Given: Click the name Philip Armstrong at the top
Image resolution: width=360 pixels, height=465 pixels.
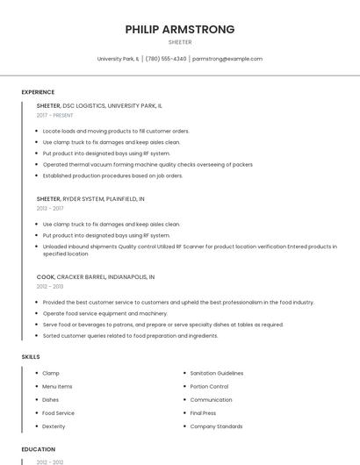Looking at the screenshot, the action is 180,29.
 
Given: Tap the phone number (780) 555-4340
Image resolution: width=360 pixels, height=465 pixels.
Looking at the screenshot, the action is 166,59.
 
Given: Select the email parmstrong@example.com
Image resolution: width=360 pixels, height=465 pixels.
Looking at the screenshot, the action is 227,59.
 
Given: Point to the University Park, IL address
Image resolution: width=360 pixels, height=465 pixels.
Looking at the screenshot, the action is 119,59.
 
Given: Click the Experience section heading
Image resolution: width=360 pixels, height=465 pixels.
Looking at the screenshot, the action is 38,92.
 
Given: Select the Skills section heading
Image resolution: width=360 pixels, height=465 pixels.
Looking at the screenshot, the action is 31,357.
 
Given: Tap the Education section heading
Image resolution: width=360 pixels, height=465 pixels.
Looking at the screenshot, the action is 38,449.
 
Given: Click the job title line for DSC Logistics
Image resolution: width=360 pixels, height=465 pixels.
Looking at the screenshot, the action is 99,105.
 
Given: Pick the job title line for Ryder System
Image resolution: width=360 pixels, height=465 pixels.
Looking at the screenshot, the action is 90,199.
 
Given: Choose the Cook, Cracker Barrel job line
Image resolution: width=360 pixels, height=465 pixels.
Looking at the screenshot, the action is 96,276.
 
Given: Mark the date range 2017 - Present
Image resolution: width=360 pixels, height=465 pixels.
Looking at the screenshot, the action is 54,115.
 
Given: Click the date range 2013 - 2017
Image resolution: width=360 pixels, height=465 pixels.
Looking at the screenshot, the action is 50,209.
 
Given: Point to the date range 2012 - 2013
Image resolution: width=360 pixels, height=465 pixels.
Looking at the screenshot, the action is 50,286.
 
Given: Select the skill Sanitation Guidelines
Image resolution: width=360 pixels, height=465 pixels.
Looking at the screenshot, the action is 217,373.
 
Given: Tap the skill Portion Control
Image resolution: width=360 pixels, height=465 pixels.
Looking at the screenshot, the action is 209,386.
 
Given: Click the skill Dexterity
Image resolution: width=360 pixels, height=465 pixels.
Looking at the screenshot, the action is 54,426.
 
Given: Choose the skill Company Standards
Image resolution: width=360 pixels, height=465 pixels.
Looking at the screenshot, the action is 216,426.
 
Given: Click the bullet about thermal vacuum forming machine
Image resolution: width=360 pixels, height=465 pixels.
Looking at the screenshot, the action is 148,164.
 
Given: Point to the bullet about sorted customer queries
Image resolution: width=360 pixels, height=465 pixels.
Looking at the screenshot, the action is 130,335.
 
